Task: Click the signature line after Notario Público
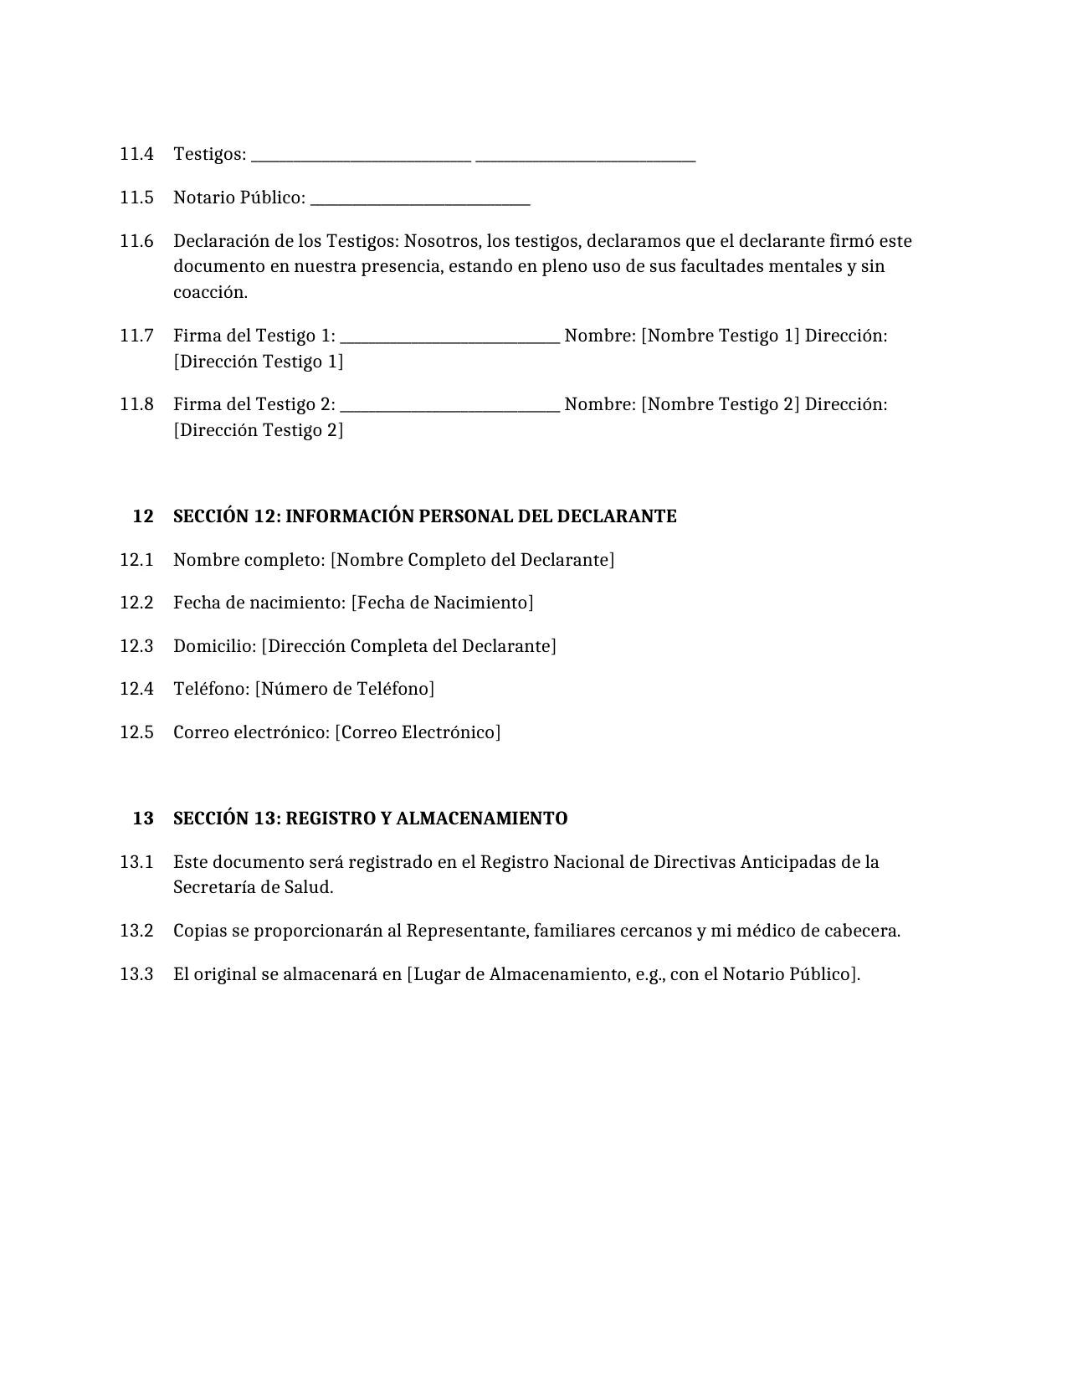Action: point(419,202)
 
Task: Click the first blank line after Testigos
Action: point(361,158)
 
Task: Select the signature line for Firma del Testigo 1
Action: point(450,340)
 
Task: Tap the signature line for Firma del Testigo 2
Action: point(450,408)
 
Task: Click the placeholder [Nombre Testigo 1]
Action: point(720,336)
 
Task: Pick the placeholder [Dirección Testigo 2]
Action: point(258,430)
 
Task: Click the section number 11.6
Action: point(136,241)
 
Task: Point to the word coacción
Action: point(210,293)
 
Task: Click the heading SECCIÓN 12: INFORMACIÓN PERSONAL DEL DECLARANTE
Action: point(424,516)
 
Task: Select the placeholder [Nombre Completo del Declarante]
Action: point(472,560)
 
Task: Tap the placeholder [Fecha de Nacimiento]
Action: point(442,603)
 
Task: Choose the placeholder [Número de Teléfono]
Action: point(344,689)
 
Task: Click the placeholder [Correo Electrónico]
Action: point(418,732)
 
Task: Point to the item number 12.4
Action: point(136,689)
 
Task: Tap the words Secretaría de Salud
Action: point(253,887)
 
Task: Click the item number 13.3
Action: point(136,974)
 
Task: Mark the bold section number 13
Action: point(143,819)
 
